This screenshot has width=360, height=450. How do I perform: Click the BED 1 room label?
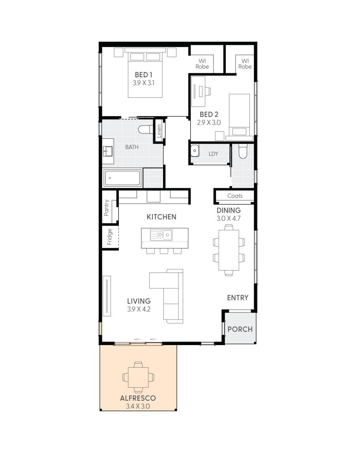click(x=143, y=75)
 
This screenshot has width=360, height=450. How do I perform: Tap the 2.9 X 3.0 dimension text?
click(x=209, y=123)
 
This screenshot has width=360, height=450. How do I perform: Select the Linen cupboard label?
click(x=159, y=131)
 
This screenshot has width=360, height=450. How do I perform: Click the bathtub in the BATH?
click(x=122, y=178)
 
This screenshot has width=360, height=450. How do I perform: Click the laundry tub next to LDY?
click(x=195, y=151)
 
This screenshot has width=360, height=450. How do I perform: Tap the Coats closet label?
click(x=235, y=196)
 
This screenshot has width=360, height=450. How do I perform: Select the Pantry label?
click(x=106, y=208)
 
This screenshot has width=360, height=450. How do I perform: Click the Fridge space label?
click(x=110, y=237)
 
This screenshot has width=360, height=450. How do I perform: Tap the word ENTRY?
click(x=238, y=298)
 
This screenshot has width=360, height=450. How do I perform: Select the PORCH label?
click(x=240, y=329)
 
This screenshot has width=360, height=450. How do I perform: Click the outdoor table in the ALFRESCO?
click(x=138, y=377)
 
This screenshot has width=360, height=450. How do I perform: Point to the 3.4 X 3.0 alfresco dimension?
click(x=138, y=406)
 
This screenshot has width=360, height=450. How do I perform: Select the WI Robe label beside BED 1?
click(x=202, y=64)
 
